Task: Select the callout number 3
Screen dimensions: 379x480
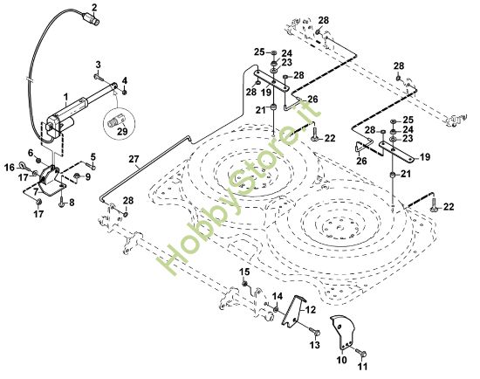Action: click(x=99, y=65)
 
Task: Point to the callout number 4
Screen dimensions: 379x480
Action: click(x=126, y=81)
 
